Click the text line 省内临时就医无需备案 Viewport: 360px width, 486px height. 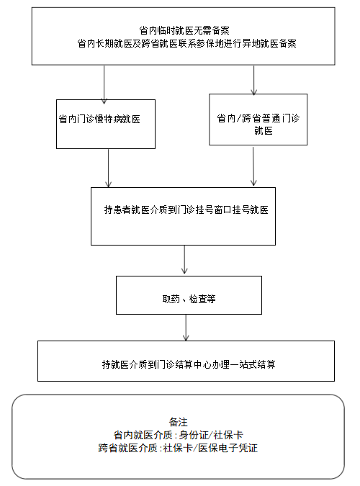[184, 30]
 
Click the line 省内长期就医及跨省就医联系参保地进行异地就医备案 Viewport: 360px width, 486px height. [186, 43]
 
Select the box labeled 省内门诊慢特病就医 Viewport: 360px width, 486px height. [106, 124]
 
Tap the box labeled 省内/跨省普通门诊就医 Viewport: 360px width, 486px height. [258, 120]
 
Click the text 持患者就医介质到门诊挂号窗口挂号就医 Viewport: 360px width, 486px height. [186, 210]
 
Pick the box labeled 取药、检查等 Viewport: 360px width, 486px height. [189, 295]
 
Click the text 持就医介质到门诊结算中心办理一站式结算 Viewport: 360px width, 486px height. [189, 364]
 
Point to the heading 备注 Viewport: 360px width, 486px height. [179, 422]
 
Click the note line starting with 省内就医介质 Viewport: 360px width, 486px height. [178, 435]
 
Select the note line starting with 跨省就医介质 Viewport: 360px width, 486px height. [178, 448]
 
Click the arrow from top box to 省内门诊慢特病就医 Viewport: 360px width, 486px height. [104, 84]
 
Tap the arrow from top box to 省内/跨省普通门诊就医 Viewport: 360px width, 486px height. [254, 80]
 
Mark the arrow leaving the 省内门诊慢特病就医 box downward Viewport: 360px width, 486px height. [108, 168]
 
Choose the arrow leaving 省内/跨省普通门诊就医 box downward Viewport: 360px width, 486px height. [253, 166]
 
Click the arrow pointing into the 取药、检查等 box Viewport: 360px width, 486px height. [184, 259]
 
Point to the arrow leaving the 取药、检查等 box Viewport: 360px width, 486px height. [186, 328]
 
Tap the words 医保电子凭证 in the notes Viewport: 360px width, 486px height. [228, 448]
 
